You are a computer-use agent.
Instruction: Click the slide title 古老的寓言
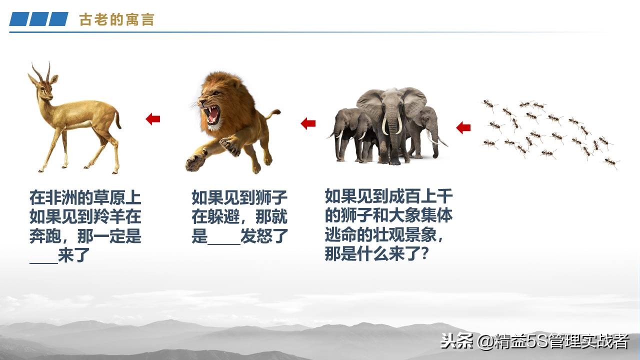click(116, 20)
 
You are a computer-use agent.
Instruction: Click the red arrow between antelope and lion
click(152, 119)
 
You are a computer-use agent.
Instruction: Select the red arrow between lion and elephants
click(308, 123)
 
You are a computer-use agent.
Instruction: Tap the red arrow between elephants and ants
click(463, 127)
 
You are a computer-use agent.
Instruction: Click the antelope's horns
click(41, 71)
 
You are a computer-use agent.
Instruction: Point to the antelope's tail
click(118, 120)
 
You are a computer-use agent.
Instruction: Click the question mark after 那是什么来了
click(423, 254)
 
